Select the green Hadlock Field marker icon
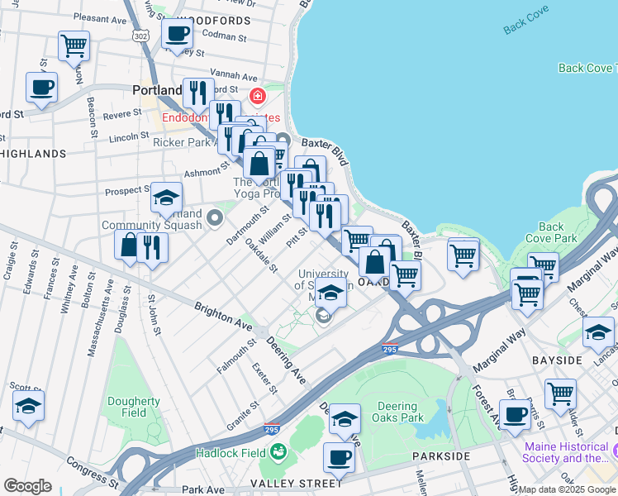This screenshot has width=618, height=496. click(278, 452)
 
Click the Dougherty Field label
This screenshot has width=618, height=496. click(134, 407)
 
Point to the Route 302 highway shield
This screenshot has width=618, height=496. click(141, 36)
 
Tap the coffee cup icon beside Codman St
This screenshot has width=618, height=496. click(177, 35)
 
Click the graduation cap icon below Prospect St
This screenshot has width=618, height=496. click(166, 198)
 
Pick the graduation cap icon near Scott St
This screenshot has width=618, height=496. click(28, 407)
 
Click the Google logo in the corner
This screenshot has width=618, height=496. click(27, 485)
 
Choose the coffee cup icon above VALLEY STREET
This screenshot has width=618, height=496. click(338, 455)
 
